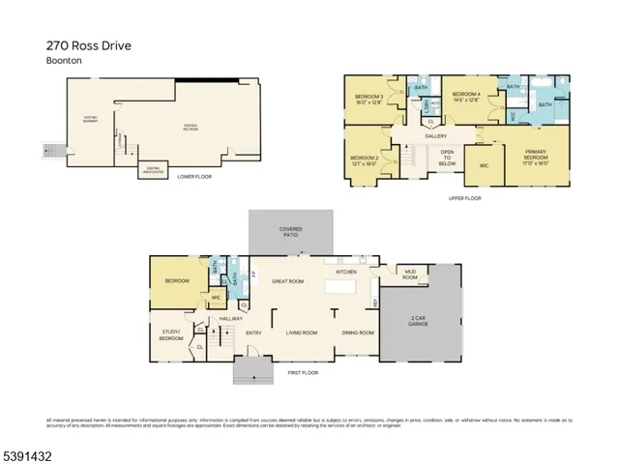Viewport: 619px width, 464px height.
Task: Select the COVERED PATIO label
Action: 291,232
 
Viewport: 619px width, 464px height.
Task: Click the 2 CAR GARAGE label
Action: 419,322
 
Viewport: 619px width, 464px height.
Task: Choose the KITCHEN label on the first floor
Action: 347,273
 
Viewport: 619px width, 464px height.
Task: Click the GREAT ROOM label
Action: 288,282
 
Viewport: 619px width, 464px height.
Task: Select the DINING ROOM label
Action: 357,333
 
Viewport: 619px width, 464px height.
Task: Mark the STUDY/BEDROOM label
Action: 171,336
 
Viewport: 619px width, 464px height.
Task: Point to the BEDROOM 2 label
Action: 365,158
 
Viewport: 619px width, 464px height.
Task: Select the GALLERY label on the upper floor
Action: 435,135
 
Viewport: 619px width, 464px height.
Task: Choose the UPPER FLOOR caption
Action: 464,198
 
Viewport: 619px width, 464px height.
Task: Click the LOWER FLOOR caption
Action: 193,176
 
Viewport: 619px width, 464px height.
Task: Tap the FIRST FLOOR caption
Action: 303,372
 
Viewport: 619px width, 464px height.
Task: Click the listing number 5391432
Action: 27,452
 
